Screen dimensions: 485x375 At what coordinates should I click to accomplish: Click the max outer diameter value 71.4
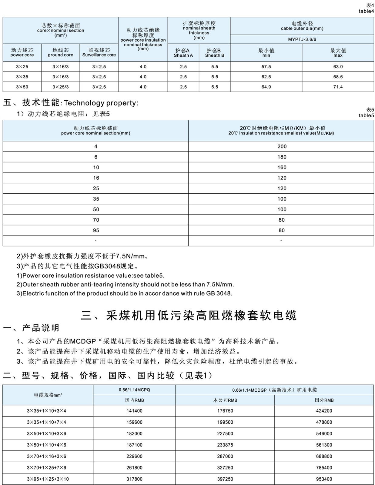point(338,87)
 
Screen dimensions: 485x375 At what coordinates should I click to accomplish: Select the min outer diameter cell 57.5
point(266,67)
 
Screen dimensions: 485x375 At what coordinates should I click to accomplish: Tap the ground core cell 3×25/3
point(60,87)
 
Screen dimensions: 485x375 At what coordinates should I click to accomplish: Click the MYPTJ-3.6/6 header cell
point(302,39)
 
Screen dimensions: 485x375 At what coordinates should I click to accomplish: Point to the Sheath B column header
point(214,53)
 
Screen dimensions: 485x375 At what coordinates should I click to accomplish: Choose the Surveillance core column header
point(99,53)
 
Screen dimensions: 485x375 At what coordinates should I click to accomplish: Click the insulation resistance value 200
point(282,146)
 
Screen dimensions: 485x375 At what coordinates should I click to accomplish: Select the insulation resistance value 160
point(282,167)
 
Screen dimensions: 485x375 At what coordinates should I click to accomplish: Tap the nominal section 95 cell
point(96,230)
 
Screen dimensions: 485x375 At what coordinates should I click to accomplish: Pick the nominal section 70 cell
point(96,220)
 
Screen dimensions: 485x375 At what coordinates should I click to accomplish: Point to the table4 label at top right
point(366,12)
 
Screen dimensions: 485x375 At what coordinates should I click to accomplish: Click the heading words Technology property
point(101,103)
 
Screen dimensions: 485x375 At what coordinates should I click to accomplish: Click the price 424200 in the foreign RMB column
point(324,411)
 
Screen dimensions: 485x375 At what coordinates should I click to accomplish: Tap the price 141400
point(134,411)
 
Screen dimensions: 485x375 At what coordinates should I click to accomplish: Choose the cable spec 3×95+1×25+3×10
point(48,479)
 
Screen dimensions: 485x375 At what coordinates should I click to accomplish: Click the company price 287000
point(225,457)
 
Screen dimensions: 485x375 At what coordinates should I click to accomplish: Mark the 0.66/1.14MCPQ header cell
point(134,390)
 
